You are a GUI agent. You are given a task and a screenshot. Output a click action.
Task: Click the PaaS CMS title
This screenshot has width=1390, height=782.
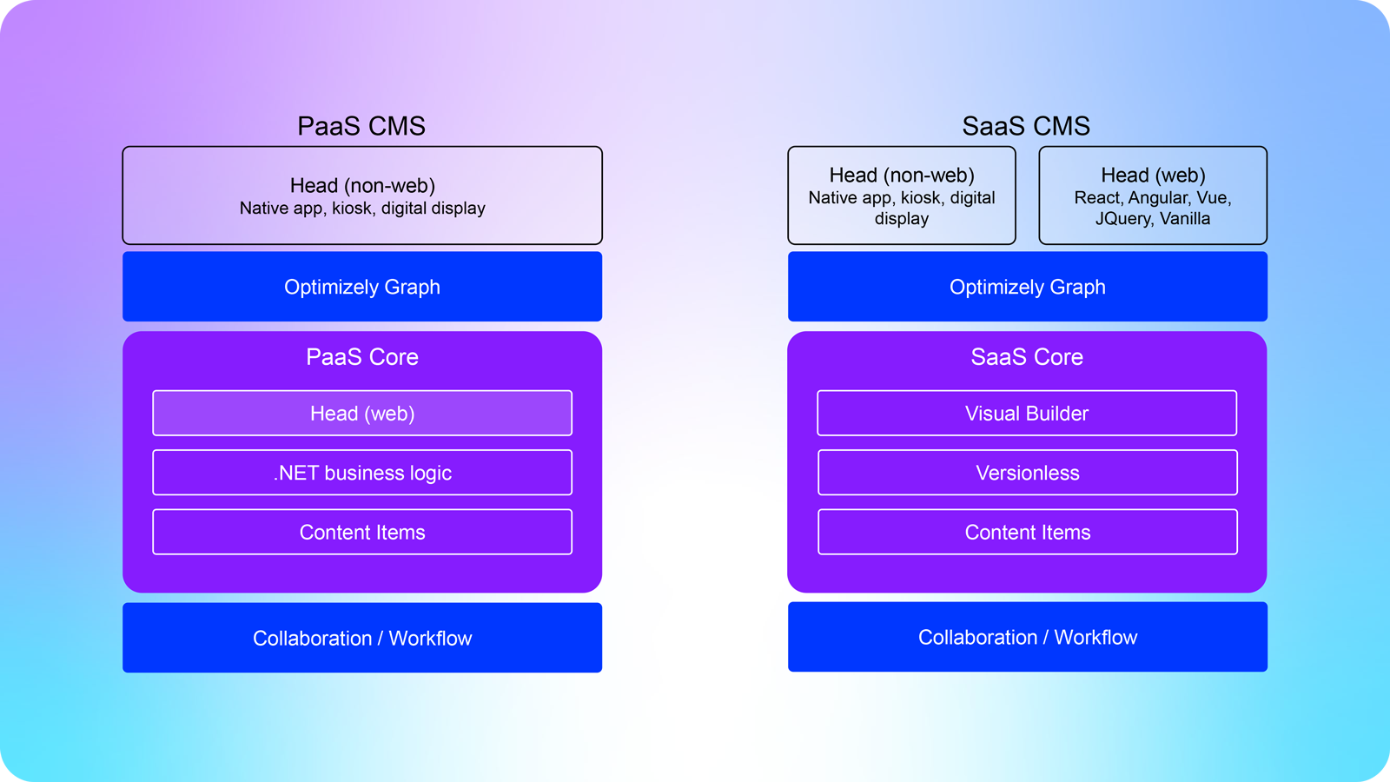pos(361,126)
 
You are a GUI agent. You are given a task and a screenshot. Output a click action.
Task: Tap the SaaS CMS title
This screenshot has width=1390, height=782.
pos(1026,126)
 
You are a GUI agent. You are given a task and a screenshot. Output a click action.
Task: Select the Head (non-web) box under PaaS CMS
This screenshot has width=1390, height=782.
pos(362,195)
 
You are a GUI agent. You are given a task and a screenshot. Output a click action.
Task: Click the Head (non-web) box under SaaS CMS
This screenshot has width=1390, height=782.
pos(901,195)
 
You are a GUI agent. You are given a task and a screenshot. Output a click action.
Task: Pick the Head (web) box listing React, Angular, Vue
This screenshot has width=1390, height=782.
pos(1153,195)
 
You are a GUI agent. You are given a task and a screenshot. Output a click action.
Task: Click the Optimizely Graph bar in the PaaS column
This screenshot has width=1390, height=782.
pos(362,287)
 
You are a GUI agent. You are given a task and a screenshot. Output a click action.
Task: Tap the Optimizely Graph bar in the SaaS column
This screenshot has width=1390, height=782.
pos(1027,287)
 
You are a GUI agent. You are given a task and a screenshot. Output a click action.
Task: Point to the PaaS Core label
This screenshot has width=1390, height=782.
pos(362,357)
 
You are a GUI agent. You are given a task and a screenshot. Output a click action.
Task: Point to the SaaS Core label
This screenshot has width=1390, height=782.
pos(1027,357)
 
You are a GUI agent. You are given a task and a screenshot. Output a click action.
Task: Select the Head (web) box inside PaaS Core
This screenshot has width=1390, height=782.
pos(362,414)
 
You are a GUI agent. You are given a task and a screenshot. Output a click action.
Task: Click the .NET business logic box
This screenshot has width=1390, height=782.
pos(362,473)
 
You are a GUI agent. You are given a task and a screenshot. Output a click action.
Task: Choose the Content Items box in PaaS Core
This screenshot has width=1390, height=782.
pos(362,532)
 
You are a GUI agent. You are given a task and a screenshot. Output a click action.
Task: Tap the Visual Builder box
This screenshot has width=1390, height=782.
pos(1027,414)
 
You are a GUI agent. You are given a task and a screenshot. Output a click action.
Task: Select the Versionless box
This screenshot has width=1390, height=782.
pos(1027,473)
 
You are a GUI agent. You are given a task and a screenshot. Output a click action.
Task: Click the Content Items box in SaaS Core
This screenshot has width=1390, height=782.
pos(1027,532)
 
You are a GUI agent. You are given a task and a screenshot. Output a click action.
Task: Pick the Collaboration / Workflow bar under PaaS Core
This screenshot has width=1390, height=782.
pos(362,638)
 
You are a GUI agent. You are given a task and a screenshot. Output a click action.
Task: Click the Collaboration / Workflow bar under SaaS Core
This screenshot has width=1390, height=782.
pos(1027,637)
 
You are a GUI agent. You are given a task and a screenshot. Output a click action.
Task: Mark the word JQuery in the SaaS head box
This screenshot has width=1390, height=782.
pos(1123,219)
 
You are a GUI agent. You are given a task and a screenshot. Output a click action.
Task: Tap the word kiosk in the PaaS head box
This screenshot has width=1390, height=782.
pos(352,209)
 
